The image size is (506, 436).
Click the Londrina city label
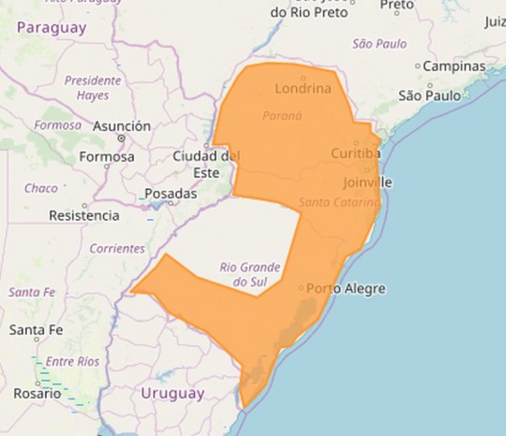tap(305, 89)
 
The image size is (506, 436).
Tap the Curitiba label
tap(355, 153)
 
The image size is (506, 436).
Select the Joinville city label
tap(367, 182)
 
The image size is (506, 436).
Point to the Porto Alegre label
tap(346, 288)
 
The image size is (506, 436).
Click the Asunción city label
tap(122, 126)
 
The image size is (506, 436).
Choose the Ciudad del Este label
tap(206, 164)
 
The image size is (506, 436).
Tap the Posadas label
tap(171, 194)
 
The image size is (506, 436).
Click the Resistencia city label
tap(83, 215)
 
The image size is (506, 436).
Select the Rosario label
tap(37, 394)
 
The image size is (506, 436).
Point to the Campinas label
tap(454, 66)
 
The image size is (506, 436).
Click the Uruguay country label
tap(171, 394)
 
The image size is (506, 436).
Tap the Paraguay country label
tap(52, 27)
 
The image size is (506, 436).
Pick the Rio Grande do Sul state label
tap(250, 273)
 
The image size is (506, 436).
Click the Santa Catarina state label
tap(338, 202)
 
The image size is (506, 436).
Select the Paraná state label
tap(282, 116)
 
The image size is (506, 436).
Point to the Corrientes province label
tap(117, 249)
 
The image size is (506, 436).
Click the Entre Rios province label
tap(73, 361)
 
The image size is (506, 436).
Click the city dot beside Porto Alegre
tap(301, 288)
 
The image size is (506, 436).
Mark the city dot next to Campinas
tap(418, 66)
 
